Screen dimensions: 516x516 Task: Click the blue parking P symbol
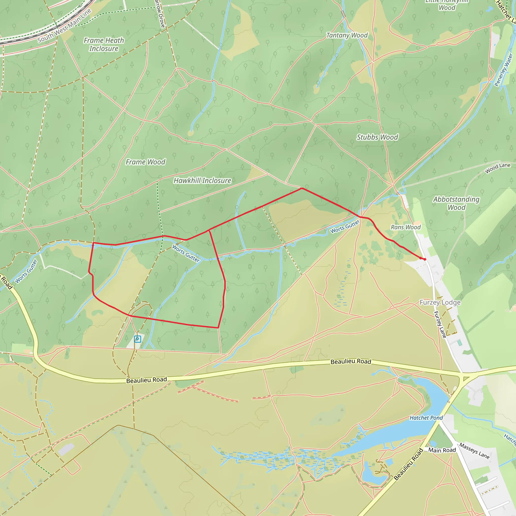[x=137, y=339]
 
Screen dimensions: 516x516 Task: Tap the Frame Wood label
[x=145, y=162]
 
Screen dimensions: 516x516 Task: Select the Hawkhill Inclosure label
[x=202, y=181]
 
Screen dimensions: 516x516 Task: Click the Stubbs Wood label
[x=377, y=137]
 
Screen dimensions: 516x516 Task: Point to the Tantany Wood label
[x=347, y=35]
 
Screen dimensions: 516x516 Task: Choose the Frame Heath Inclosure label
[x=104, y=44]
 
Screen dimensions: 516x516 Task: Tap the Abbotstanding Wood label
[x=456, y=203]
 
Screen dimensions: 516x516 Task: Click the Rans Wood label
[x=405, y=227]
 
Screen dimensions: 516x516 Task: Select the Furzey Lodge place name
[x=440, y=302]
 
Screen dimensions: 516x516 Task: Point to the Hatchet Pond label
[x=426, y=418]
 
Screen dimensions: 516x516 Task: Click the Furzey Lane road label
[x=440, y=325]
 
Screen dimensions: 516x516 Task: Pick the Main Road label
[x=442, y=450]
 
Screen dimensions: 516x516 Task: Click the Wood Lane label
[x=498, y=168]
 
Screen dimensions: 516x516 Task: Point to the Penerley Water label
[x=503, y=70]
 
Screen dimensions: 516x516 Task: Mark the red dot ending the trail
[x=425, y=259]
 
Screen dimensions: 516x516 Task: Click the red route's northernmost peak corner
[x=302, y=188]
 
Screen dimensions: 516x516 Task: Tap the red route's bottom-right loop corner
[x=218, y=328]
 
